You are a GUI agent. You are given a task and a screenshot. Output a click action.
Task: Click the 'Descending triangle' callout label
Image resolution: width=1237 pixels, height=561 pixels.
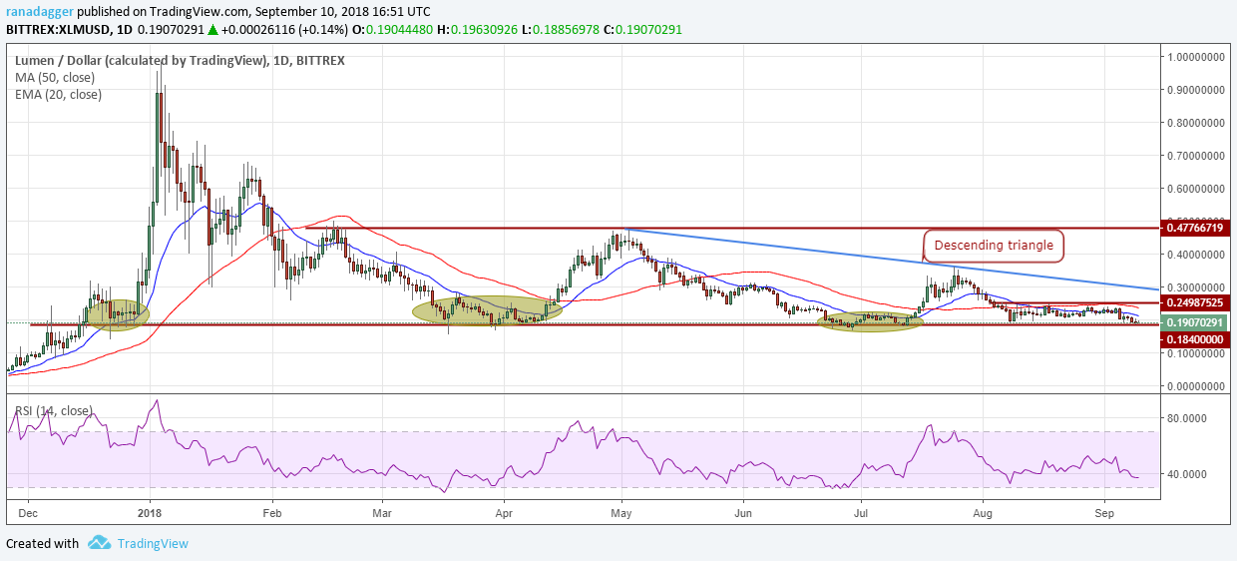pos(994,246)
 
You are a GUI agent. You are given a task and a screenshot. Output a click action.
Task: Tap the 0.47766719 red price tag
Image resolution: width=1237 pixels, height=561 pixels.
pos(1195,228)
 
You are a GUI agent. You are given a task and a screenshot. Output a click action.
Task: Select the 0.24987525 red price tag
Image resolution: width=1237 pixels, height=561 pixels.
pos(1195,302)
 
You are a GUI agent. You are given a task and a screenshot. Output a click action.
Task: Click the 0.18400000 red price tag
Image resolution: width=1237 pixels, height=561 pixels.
pos(1195,339)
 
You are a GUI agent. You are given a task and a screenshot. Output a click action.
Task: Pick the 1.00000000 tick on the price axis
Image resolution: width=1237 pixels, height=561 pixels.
pos(1195,57)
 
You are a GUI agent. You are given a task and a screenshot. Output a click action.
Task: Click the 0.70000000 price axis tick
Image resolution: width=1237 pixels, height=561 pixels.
pos(1195,156)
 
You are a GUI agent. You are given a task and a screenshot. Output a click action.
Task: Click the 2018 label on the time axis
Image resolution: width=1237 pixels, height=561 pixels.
pos(150,513)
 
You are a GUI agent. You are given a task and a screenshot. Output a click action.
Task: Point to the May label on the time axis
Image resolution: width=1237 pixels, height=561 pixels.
pos(621,513)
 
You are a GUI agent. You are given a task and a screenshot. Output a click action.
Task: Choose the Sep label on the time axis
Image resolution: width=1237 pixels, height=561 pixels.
pos(1104,513)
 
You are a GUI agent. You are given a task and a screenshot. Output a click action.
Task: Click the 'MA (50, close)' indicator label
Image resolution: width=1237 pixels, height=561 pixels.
pos(55,78)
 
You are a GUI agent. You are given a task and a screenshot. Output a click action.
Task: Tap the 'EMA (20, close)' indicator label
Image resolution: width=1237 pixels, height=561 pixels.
pos(58,95)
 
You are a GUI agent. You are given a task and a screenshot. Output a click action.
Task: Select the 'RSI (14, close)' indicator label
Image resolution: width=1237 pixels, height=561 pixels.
pos(54,410)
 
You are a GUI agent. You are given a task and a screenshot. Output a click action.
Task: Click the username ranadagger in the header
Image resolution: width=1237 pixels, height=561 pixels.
pos(40,12)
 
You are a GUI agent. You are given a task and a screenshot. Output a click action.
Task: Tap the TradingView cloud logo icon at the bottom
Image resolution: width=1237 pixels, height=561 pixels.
pos(100,543)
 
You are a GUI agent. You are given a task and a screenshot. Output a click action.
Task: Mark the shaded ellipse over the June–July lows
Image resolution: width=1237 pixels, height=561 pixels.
pos(870,321)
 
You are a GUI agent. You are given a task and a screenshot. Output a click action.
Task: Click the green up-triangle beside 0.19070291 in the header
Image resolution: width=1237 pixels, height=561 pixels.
pos(213,30)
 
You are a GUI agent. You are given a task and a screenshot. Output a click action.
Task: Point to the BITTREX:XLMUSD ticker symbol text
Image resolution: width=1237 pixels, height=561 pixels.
pos(58,29)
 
